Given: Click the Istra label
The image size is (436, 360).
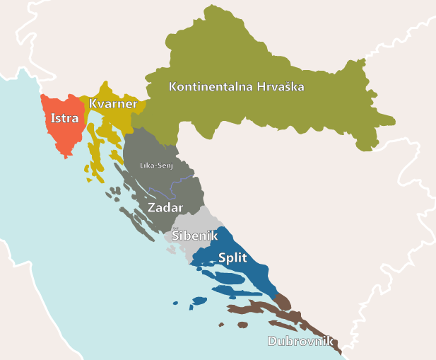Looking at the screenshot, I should point(64,118).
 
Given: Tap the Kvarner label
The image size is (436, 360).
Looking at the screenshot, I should point(113,104).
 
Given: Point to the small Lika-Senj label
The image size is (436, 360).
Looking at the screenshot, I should point(156,166).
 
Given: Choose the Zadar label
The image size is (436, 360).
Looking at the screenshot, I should point(165,208).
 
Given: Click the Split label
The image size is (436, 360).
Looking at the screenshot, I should point(232,257).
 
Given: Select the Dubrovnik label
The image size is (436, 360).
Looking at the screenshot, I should point(300,341).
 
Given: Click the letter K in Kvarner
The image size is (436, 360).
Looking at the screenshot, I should point(93,104).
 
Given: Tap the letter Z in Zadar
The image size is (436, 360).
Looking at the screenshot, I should point(151,208).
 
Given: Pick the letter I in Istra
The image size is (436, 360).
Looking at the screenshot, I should point(52,118).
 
